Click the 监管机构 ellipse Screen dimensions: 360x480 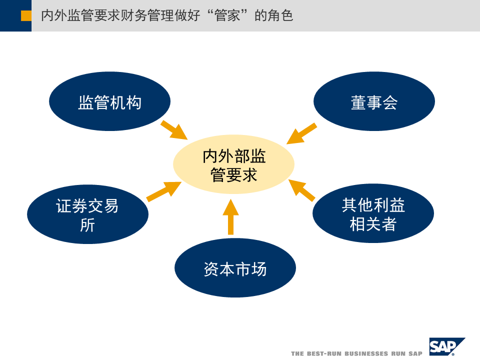[x=109, y=101]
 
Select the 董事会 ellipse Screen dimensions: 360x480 [x=374, y=101]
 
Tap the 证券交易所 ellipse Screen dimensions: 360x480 [x=87, y=214]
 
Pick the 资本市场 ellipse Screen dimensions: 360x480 [x=235, y=268]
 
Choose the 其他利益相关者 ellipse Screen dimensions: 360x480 [x=373, y=214]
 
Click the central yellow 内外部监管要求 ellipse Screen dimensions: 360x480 [x=233, y=165]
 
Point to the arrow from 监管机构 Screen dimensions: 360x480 [x=173, y=129]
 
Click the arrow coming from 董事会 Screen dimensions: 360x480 [x=302, y=133]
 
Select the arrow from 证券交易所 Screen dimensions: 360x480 [x=164, y=191]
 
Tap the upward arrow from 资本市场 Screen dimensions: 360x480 [x=230, y=217]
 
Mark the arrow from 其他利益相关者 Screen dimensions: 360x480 [x=302, y=190]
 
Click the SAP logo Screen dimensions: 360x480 [x=446, y=346]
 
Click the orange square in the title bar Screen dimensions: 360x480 [x=26, y=16]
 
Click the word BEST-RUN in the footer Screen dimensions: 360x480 [x=322, y=353]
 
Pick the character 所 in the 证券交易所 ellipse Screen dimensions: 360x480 [x=87, y=225]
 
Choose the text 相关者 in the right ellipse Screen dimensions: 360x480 [x=373, y=225]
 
